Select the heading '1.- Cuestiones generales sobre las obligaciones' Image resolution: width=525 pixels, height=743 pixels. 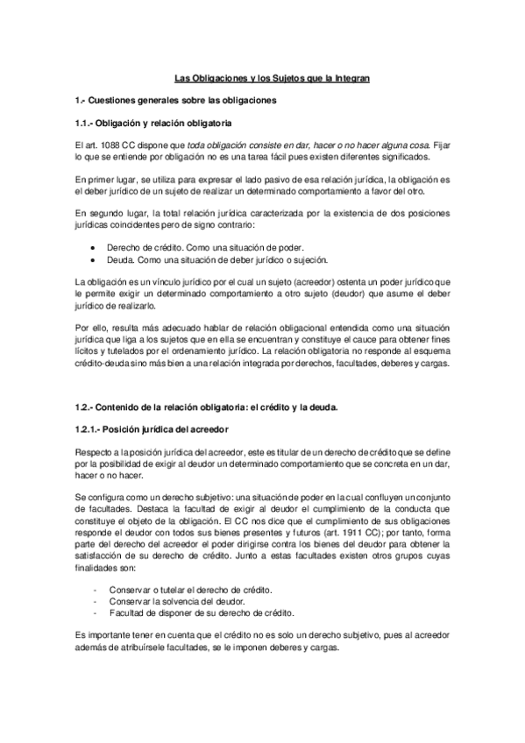point(175,100)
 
